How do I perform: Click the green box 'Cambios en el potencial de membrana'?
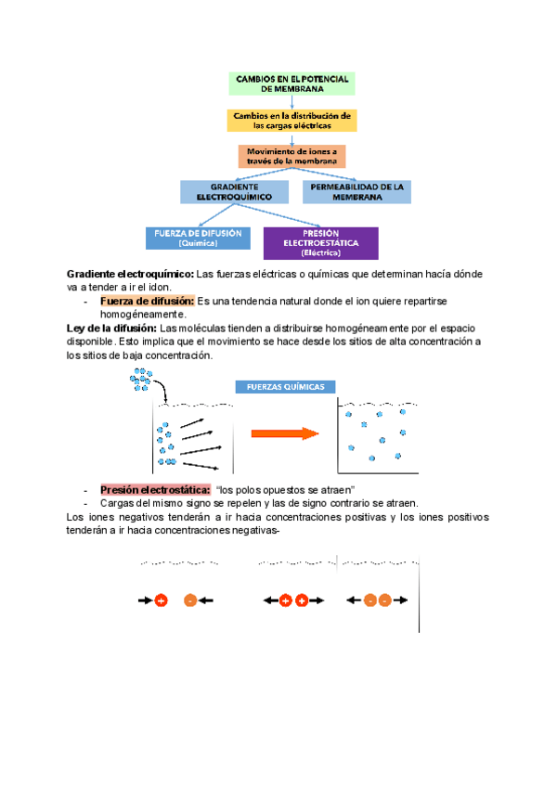[x=292, y=84]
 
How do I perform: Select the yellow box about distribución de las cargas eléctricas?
[x=292, y=121]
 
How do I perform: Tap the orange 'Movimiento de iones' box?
[x=292, y=156]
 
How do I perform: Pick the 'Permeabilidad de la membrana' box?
[x=356, y=192]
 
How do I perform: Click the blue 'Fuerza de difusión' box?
[x=198, y=239]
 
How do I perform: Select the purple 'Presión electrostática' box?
[x=320, y=243]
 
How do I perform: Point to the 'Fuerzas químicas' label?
[x=285, y=387]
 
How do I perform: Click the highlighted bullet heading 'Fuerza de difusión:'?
[x=147, y=301]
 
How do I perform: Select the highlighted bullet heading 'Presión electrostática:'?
[x=154, y=490]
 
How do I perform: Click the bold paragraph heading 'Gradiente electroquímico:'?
[x=129, y=275]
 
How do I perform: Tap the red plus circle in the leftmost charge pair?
[x=161, y=600]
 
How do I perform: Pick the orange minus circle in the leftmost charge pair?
[x=190, y=600]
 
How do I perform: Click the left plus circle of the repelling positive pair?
[x=285, y=600]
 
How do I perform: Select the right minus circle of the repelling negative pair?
[x=385, y=600]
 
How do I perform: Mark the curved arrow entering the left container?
[x=160, y=393]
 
